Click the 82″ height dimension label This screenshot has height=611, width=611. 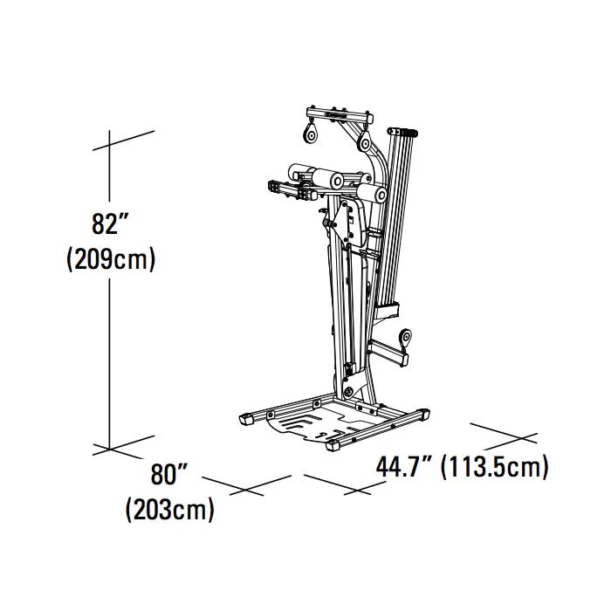tap(110, 224)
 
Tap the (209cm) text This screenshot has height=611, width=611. tap(111, 258)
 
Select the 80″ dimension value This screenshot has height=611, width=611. tap(169, 474)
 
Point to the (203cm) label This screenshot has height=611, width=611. tap(170, 509)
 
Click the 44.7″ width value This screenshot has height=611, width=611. tap(403, 466)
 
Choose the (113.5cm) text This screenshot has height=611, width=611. tap(495, 466)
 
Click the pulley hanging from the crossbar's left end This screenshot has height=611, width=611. tap(311, 134)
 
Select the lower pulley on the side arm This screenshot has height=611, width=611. tap(405, 338)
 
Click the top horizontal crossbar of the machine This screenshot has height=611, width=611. tap(340, 115)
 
